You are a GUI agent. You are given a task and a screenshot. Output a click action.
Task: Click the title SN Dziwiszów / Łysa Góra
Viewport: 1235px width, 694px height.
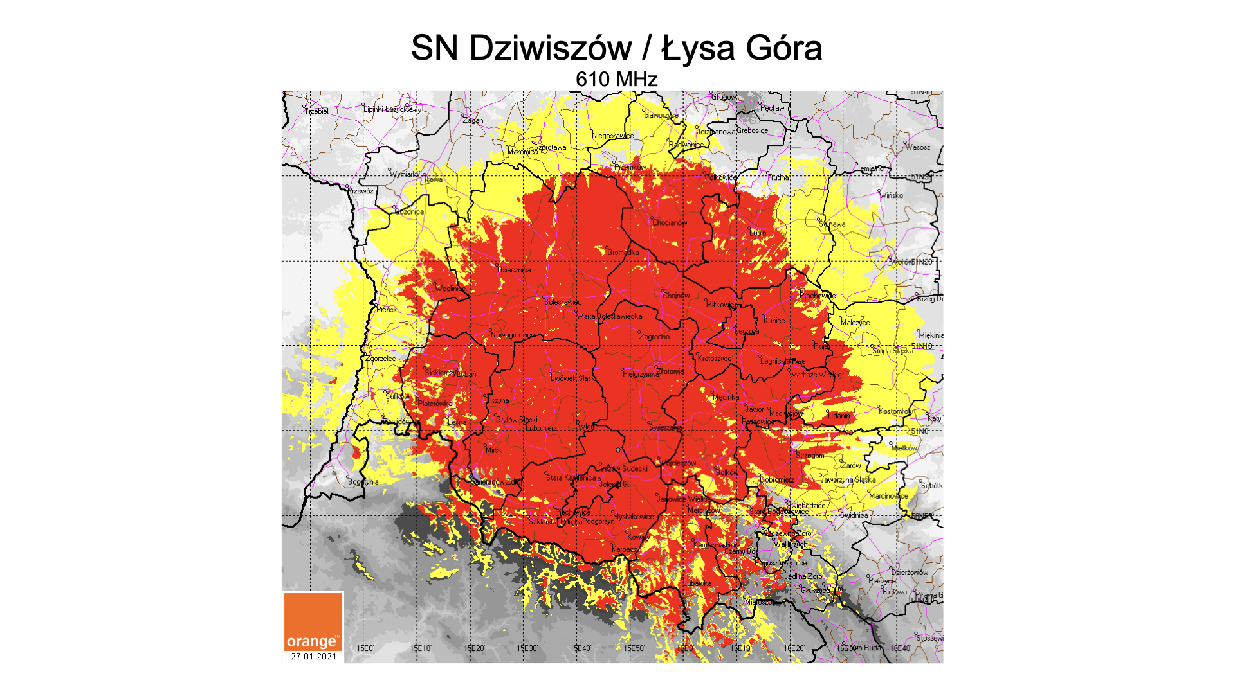616,48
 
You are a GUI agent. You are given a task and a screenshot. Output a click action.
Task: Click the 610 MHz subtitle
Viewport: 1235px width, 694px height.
616,79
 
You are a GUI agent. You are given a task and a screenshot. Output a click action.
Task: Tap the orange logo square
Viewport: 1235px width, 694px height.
313,622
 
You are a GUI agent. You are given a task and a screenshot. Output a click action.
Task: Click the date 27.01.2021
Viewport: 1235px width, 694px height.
313,656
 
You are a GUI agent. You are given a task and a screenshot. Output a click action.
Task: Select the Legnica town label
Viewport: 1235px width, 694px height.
747,332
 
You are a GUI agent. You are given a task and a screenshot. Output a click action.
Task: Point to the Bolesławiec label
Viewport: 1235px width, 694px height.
563,302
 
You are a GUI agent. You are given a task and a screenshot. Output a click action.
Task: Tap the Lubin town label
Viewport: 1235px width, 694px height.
758,233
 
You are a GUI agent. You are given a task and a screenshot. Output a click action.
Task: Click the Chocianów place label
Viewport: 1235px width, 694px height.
670,223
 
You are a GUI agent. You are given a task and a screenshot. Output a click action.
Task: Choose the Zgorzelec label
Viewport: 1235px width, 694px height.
381,359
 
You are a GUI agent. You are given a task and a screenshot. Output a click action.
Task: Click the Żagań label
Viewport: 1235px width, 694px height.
473,120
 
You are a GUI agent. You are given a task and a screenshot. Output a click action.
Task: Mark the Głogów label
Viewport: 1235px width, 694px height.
724,97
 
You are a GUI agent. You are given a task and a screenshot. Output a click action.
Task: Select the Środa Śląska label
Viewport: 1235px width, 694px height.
893,351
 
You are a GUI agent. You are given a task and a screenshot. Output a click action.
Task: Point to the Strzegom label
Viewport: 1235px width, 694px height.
810,455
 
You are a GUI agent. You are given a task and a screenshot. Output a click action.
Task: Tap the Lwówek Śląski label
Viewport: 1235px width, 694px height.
573,378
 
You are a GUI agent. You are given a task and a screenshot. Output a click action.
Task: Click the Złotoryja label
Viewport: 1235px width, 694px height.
671,371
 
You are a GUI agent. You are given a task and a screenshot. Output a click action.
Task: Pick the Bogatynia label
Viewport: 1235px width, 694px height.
363,482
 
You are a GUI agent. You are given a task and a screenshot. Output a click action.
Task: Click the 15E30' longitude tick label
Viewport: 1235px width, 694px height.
527,648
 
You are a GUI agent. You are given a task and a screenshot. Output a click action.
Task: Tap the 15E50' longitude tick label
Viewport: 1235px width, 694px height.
634,648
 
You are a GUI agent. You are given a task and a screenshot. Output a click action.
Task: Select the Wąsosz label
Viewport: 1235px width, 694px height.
918,147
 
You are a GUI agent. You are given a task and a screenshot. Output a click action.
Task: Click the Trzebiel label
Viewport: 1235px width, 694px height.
317,111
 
